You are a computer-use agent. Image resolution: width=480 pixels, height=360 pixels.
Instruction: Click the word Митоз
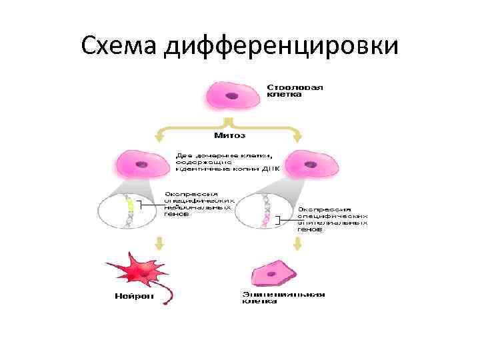coord(229,136)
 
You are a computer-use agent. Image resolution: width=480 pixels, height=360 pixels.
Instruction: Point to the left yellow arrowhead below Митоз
coord(159,138)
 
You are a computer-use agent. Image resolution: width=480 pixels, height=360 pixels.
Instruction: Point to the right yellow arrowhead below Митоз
coord(297,138)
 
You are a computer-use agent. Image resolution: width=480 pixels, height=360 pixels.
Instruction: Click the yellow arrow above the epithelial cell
coord(297,243)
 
